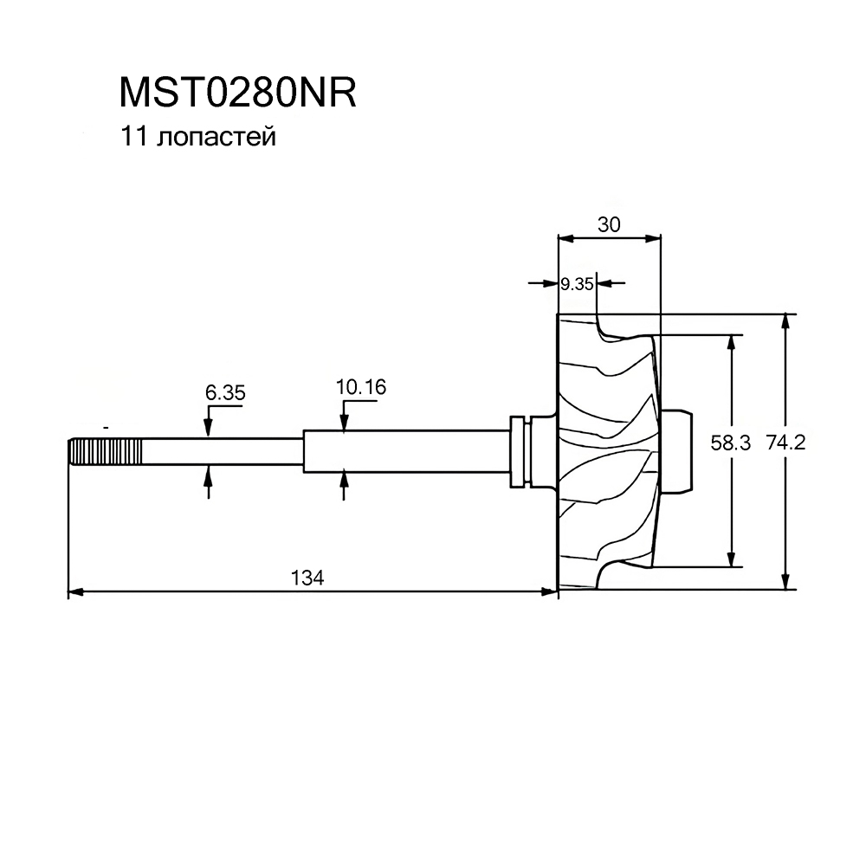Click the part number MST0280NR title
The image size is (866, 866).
[x=236, y=94]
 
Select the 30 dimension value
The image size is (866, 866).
[x=609, y=224]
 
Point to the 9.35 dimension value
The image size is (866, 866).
[x=576, y=283]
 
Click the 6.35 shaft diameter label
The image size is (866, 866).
[x=225, y=392]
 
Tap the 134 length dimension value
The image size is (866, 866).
[x=309, y=578]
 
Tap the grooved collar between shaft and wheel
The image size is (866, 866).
[x=520, y=451]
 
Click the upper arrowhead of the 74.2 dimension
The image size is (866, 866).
[x=785, y=320]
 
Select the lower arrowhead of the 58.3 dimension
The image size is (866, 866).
[x=733, y=559]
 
